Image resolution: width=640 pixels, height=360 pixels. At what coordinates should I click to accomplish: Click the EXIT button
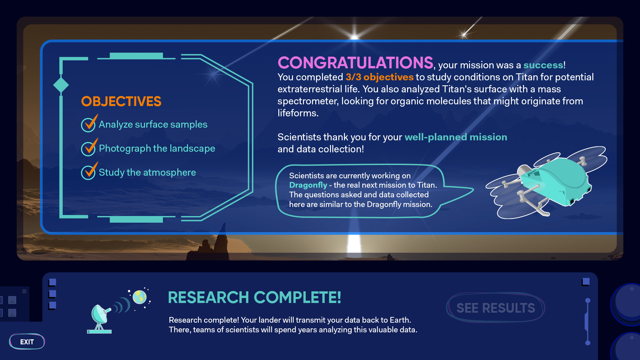[27, 342]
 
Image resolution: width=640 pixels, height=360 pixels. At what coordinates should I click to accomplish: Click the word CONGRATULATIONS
[355, 63]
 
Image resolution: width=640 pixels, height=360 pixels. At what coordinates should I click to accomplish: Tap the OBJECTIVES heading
[121, 101]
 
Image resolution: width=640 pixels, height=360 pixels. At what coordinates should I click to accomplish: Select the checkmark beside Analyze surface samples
[89, 123]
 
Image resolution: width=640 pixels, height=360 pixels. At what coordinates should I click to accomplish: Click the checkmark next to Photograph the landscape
[89, 147]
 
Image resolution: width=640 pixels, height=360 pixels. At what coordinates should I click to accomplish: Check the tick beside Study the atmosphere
[89, 171]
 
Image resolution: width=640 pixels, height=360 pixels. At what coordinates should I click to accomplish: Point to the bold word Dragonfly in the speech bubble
[308, 185]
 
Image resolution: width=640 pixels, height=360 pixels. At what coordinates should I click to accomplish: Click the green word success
[543, 65]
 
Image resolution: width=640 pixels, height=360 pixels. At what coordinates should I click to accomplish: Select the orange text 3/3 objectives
[379, 77]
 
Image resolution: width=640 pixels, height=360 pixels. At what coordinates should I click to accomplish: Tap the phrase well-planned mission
[456, 137]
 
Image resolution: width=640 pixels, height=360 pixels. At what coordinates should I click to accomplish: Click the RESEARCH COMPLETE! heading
[254, 297]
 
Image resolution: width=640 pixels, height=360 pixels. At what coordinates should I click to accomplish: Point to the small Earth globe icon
[140, 297]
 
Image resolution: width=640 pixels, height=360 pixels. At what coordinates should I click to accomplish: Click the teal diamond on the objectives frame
[61, 85]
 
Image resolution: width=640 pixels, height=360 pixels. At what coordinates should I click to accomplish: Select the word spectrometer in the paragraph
[308, 101]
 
